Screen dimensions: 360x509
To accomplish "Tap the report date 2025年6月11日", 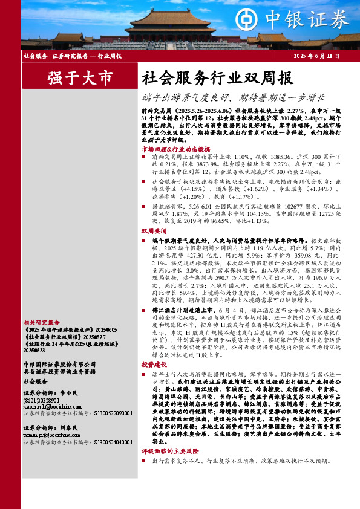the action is coord(316,56).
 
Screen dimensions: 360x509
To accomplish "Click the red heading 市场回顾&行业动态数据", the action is coord(175,149).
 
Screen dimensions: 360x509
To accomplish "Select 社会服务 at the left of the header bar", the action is coord(36,56).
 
